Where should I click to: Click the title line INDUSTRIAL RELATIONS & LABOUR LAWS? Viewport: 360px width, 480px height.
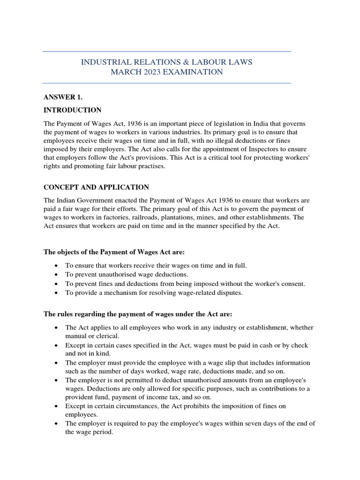tap(166, 62)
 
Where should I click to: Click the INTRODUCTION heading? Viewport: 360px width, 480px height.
tap(72, 110)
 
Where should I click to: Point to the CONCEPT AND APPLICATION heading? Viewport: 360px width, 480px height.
tap(96, 187)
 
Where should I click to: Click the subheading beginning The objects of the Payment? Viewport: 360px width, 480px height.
tap(114, 252)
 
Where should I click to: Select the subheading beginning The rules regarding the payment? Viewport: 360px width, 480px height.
tap(137, 314)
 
